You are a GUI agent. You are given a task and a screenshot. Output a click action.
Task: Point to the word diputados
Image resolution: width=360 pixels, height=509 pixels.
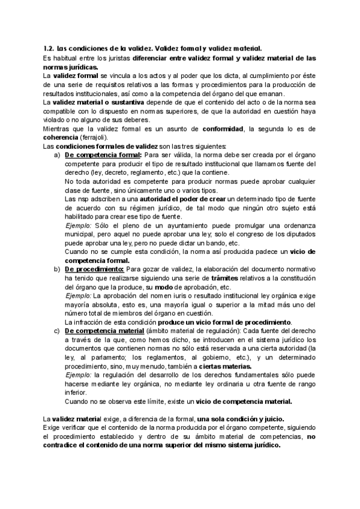[x=297, y=234]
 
